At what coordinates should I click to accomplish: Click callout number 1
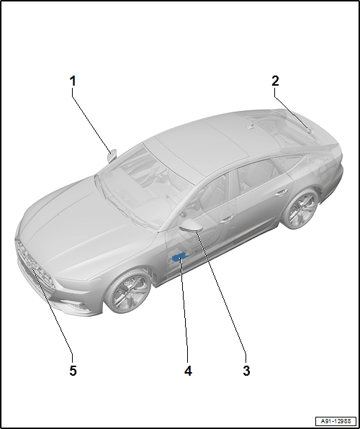click(73, 81)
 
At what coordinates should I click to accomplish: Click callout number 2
click(275, 81)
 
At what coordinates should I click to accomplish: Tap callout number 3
click(246, 371)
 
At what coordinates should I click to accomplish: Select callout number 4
click(188, 371)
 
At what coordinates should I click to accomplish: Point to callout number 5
click(73, 371)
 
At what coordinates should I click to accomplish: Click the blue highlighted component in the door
click(179, 257)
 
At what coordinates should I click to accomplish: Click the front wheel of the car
click(128, 292)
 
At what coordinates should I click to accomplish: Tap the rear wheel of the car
click(300, 209)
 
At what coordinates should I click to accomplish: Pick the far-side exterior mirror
click(112, 155)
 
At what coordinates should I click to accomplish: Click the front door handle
click(227, 219)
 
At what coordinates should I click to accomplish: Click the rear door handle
click(282, 193)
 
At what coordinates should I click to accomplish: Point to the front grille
click(35, 265)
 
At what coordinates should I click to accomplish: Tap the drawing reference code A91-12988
click(336, 421)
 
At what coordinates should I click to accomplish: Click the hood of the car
click(82, 227)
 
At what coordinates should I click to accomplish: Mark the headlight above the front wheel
click(78, 282)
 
